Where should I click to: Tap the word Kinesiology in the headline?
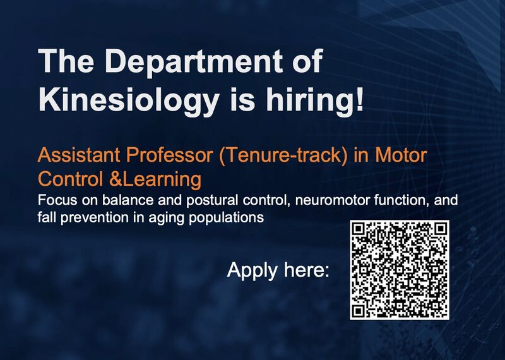[129, 100]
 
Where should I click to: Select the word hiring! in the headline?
[314, 100]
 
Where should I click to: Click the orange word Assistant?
[79, 155]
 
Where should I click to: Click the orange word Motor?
[401, 155]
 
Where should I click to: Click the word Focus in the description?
[57, 200]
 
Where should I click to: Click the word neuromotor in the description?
[332, 201]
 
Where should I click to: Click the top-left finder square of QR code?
[359, 230]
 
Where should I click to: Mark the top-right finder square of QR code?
[440, 230]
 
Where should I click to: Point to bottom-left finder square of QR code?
[359, 311]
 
